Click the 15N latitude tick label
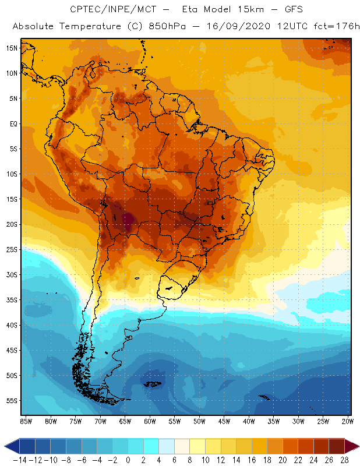pyautogui.click(x=11, y=48)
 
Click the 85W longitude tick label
pyautogui.click(x=26, y=421)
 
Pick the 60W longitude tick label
pyautogui.click(x=150, y=421)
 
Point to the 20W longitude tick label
pyautogui.click(x=347, y=421)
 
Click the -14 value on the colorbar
pyautogui.click(x=20, y=460)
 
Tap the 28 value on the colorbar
pyautogui.click(x=344, y=460)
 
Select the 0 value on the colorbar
pyautogui.click(x=128, y=460)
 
